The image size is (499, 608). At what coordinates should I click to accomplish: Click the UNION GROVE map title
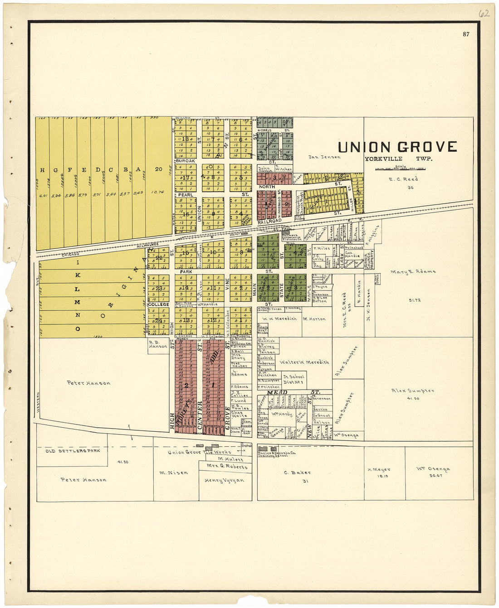(397, 147)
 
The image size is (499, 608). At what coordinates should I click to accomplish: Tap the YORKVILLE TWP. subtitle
(398, 159)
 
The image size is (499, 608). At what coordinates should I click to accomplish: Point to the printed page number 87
(466, 34)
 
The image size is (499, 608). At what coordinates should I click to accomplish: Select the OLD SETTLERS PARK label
(72, 451)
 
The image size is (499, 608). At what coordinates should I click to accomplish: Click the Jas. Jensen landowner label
(324, 157)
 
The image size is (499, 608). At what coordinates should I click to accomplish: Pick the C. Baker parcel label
(297, 473)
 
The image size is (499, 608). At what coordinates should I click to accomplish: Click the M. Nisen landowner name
(173, 473)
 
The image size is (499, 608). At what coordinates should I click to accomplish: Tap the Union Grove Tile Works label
(199, 452)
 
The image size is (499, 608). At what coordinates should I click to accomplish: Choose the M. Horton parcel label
(314, 319)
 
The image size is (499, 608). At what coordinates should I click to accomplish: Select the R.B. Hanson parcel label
(158, 344)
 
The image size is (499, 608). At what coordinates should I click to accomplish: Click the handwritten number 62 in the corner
(484, 13)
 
